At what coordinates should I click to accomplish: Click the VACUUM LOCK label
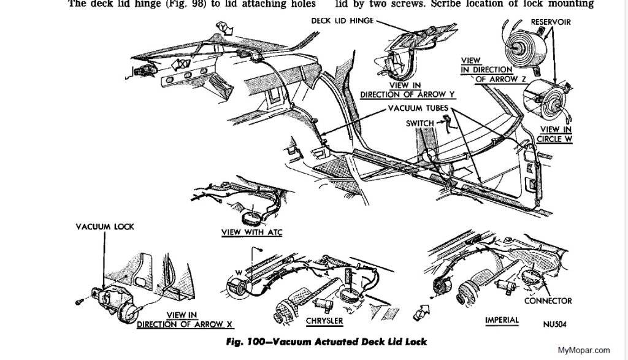(105, 226)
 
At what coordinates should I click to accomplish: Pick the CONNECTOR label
(548, 301)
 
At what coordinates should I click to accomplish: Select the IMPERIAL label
(502, 320)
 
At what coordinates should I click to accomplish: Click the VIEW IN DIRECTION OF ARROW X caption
(168, 320)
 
